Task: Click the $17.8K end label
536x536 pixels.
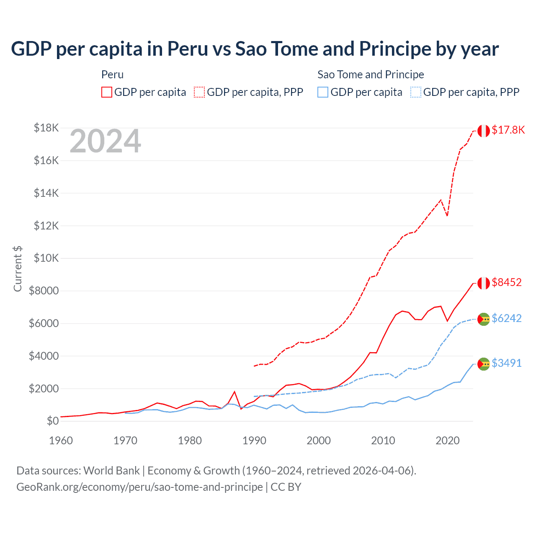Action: (x=508, y=130)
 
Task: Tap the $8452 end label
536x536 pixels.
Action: (x=507, y=283)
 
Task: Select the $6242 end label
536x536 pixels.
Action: (x=507, y=319)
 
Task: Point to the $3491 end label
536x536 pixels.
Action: (x=507, y=363)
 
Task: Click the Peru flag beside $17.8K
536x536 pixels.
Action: (x=484, y=131)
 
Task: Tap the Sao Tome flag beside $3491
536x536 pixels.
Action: (x=484, y=364)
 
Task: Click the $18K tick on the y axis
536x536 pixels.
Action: (x=46, y=128)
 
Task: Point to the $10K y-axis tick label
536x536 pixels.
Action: (x=46, y=258)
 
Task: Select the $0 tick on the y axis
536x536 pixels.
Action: (x=52, y=421)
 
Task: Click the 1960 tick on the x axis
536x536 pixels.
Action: (x=61, y=441)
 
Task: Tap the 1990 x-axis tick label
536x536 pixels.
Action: (x=254, y=441)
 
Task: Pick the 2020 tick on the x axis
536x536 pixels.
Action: (x=448, y=441)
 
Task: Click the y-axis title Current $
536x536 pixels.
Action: (x=18, y=269)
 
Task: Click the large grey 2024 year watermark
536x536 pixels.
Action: (x=105, y=142)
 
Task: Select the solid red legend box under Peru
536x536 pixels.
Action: (x=107, y=92)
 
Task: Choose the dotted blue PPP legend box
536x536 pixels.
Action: (x=416, y=92)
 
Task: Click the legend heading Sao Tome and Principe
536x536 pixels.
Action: (x=371, y=75)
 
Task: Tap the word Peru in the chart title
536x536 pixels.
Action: (x=188, y=49)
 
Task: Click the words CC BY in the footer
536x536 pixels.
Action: (x=286, y=487)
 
